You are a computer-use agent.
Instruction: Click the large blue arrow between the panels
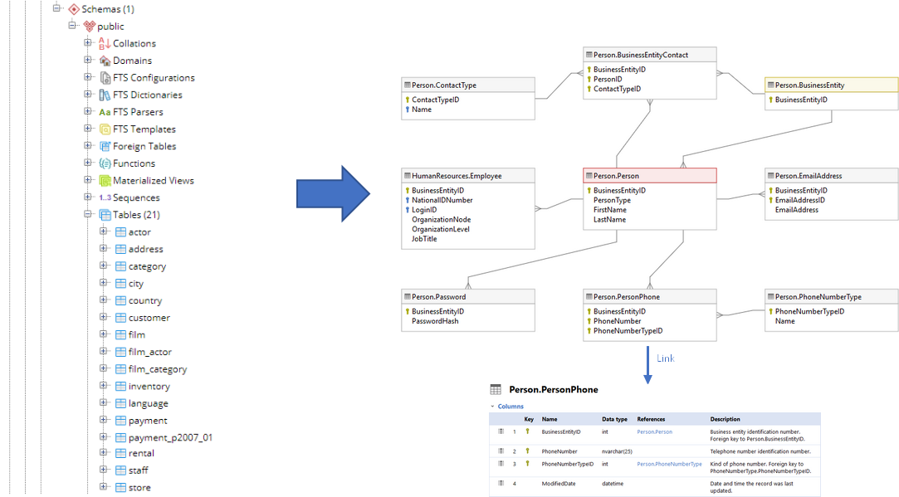332,193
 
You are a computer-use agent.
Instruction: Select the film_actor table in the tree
149,352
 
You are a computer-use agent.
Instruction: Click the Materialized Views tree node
154,180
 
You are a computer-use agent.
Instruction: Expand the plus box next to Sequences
88,197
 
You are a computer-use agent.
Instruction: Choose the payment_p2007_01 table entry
170,437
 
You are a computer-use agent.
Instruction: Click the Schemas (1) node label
108,9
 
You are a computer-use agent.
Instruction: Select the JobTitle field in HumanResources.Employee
424,239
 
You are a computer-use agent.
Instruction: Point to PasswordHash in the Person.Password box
435,321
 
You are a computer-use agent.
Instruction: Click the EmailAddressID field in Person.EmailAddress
799,200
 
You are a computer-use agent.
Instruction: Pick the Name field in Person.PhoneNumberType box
784,321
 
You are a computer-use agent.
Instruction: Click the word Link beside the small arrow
665,358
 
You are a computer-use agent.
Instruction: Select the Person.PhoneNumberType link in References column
669,464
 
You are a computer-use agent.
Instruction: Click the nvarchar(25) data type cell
617,451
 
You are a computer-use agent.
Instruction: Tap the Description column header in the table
725,419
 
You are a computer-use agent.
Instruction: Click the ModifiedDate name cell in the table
559,483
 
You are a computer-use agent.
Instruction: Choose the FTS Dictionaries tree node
147,95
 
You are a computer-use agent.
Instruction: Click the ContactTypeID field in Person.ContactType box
435,100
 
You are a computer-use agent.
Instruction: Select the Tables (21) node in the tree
136,215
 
